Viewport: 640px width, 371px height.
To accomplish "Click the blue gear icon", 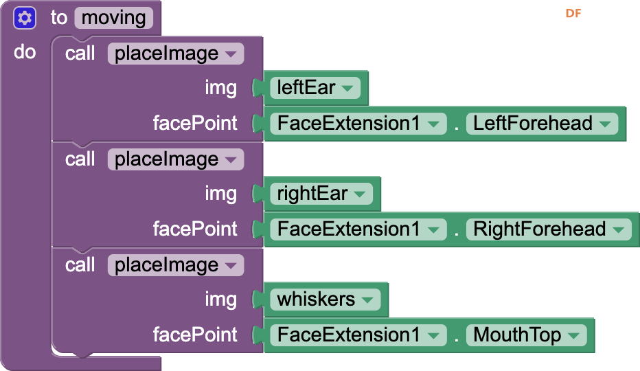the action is point(25,19).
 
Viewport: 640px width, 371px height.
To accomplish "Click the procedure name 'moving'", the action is point(113,18).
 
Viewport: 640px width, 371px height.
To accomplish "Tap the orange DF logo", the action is point(573,14).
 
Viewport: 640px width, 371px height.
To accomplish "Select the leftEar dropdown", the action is point(315,88).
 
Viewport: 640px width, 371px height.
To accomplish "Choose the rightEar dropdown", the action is point(321,194).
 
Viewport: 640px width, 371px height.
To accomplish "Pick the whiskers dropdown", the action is point(325,300).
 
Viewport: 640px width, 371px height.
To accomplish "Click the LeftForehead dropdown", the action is point(542,124).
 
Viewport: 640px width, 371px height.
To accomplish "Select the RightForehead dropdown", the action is point(549,229).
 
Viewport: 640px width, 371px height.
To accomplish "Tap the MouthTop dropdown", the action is point(527,335).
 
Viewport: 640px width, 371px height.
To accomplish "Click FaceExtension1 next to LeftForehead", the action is point(358,124).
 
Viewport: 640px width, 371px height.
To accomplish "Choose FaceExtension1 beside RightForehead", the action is point(358,229).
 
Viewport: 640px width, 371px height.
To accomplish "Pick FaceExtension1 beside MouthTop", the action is point(358,335).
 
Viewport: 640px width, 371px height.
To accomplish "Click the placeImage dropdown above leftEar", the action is point(176,54).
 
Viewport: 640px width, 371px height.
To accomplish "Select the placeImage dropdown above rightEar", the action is point(176,159).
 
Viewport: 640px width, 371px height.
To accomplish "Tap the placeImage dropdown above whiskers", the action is point(176,265).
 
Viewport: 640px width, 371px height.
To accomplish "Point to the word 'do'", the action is point(25,52).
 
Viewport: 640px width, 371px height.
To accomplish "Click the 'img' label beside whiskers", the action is point(221,300).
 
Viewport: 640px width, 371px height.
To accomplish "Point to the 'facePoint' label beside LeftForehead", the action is point(195,123).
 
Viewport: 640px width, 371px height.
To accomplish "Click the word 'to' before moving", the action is point(59,18).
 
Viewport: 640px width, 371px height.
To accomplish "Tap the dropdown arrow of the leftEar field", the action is point(347,88).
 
